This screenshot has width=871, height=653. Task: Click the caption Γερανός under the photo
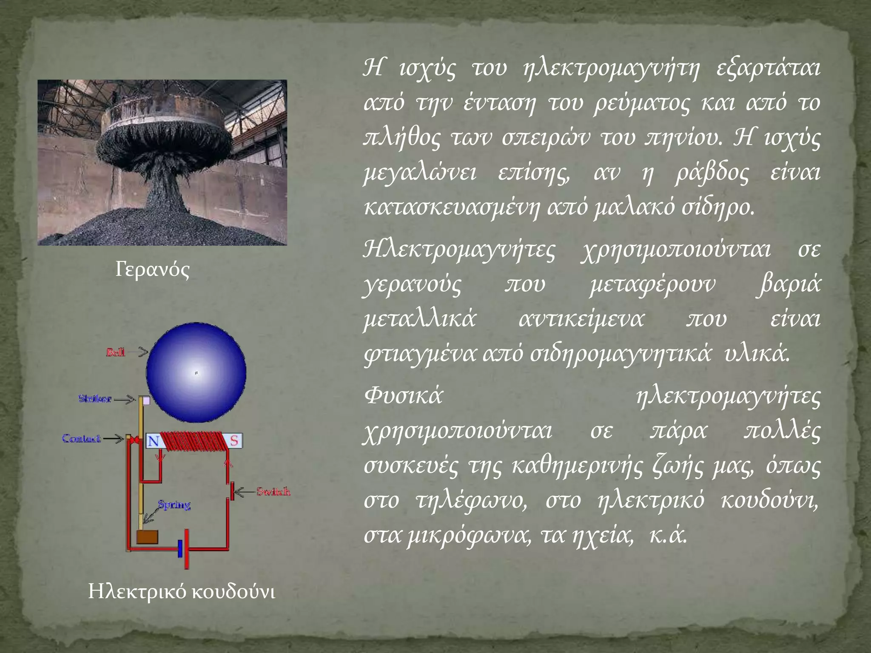point(152,270)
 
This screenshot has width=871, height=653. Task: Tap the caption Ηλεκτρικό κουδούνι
point(182,592)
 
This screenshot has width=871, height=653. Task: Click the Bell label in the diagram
point(116,352)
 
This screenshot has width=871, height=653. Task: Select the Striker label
point(95,399)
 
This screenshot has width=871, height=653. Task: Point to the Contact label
point(81,438)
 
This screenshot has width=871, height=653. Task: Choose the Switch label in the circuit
point(273,492)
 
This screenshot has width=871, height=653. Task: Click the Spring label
point(174,505)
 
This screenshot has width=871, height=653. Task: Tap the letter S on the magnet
point(234,441)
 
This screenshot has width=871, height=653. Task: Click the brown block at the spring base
point(147,537)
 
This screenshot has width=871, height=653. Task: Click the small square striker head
point(146,400)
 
